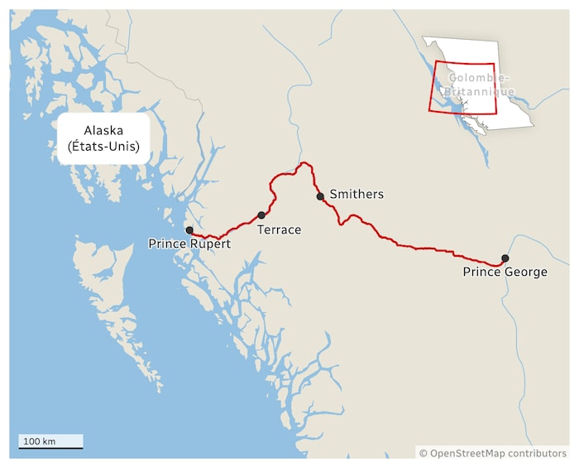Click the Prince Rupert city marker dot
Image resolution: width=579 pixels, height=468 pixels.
coord(189,230)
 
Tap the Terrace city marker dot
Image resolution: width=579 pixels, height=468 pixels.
coord(261,215)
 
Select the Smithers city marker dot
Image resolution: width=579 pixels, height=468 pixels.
coord(320,196)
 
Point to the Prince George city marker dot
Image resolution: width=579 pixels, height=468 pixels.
coord(505,258)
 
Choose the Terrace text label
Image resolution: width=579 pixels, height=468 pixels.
coord(279,229)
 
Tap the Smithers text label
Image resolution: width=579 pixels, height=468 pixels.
coord(356,195)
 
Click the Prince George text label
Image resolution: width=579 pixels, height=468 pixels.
coord(505,272)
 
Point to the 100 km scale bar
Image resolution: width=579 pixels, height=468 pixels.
coord(51,447)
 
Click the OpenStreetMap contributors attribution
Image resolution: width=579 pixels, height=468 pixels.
coord(493,453)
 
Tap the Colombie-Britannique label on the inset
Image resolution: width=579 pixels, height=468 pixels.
coord(477,84)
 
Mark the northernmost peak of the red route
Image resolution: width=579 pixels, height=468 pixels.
coord(304,163)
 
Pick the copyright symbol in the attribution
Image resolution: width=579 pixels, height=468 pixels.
coord(423,453)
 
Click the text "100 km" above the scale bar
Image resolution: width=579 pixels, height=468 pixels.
coord(40,441)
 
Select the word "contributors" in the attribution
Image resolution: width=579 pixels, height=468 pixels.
coord(534,453)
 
